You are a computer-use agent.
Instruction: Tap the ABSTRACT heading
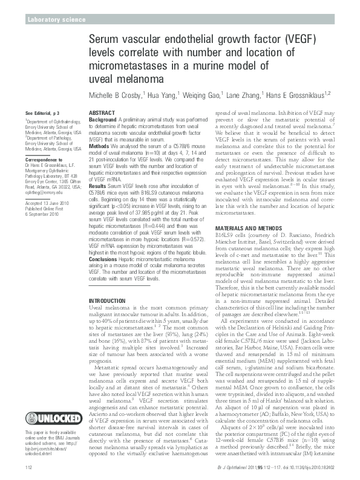click(102, 113)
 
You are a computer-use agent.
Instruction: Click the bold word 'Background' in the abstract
click(103, 120)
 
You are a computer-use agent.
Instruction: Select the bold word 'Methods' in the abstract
click(99, 147)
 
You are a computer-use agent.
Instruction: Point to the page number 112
click(28, 469)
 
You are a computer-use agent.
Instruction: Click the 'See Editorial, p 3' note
click(42, 114)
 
